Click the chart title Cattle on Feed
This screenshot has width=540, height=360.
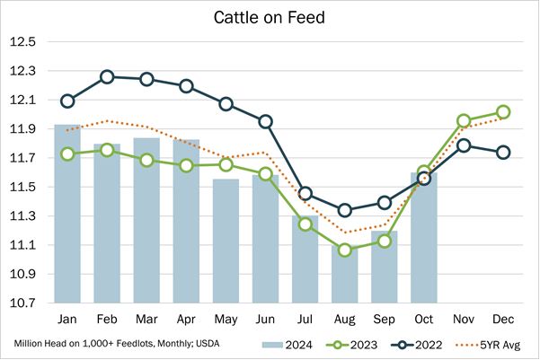(x=270, y=18)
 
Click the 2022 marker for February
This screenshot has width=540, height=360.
(x=107, y=77)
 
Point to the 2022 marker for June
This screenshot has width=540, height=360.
(x=266, y=121)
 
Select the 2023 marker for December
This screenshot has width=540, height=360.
(x=503, y=112)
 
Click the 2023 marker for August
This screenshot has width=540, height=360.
(x=345, y=250)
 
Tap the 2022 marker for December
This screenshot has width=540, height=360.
(x=503, y=153)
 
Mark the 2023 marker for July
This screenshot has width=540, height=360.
(x=305, y=224)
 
